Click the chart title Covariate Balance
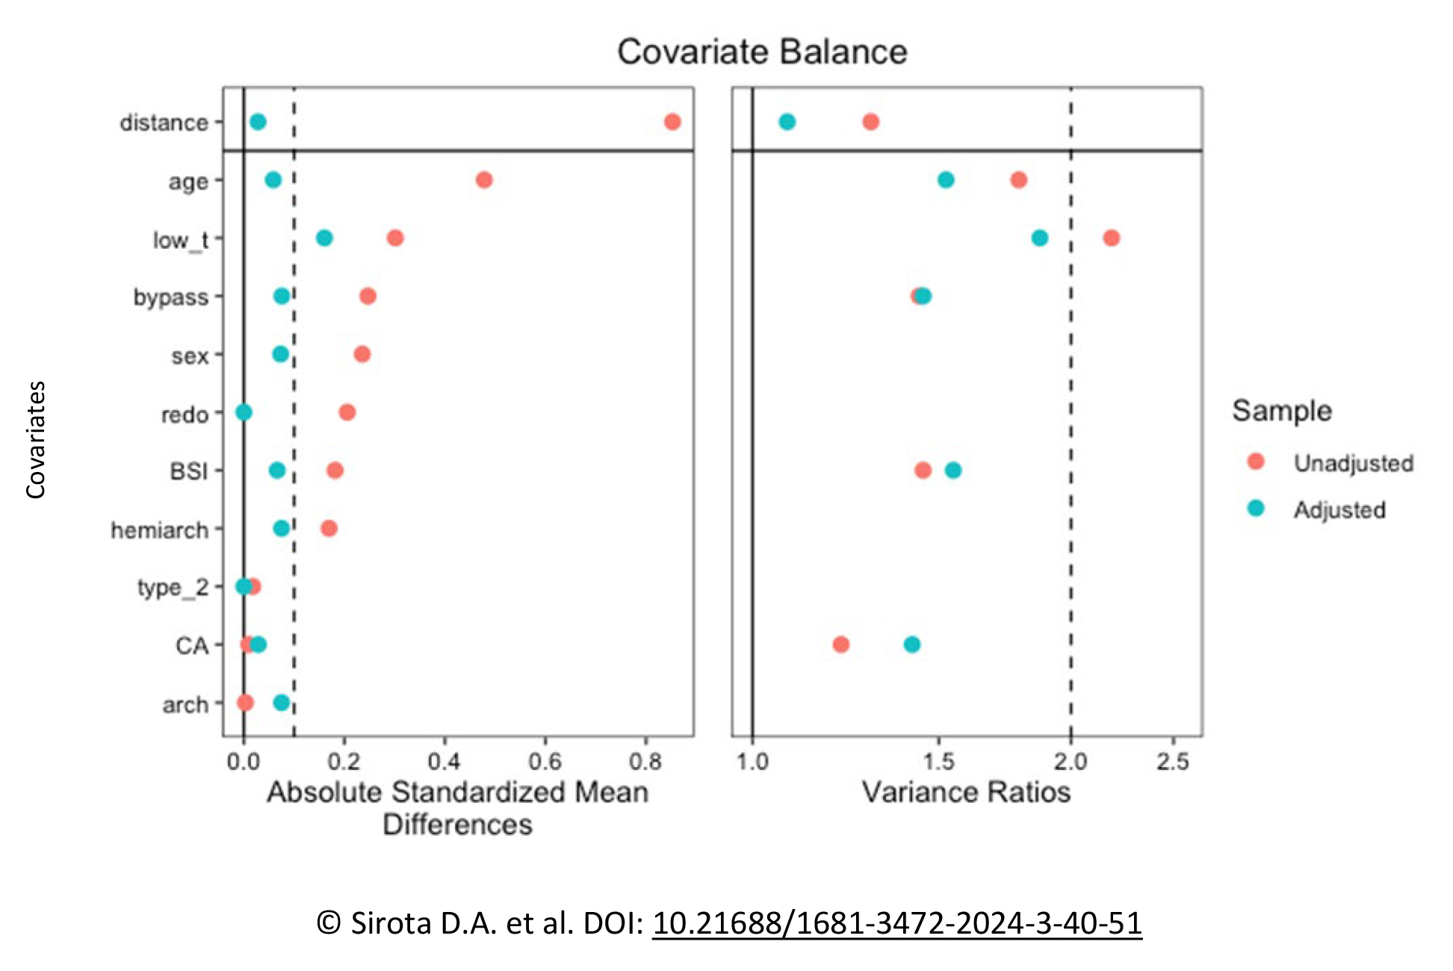click(x=761, y=52)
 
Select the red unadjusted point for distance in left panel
click(x=672, y=122)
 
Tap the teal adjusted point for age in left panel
click(x=273, y=180)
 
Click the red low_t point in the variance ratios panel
click(x=1111, y=238)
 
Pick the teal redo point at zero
click(x=244, y=412)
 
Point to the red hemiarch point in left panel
click(x=329, y=529)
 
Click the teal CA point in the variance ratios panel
click(x=911, y=645)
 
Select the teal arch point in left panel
click(x=282, y=703)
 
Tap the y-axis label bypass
click(x=170, y=297)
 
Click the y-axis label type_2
click(x=173, y=588)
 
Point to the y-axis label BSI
click(x=188, y=471)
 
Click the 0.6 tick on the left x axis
click(x=545, y=762)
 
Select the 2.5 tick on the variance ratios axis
click(x=1172, y=762)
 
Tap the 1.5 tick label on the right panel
click(x=938, y=762)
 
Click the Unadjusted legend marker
click(x=1256, y=462)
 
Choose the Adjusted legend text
click(x=1339, y=510)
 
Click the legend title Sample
click(x=1281, y=411)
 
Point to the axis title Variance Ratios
click(x=966, y=792)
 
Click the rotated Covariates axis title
click(x=36, y=439)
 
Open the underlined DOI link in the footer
click(x=896, y=923)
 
